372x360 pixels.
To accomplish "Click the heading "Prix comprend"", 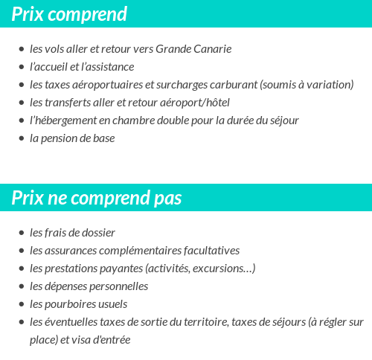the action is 69,14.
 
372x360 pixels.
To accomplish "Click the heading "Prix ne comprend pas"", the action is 97,199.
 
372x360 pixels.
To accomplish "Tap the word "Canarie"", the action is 211,49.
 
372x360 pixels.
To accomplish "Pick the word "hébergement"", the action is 69,120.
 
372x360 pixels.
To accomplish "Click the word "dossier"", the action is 98,233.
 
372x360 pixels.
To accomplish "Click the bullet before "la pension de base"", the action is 21,139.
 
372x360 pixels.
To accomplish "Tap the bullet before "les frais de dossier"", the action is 21,234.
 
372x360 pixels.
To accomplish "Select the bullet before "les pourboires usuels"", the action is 21,305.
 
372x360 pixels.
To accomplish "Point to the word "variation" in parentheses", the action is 328,85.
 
